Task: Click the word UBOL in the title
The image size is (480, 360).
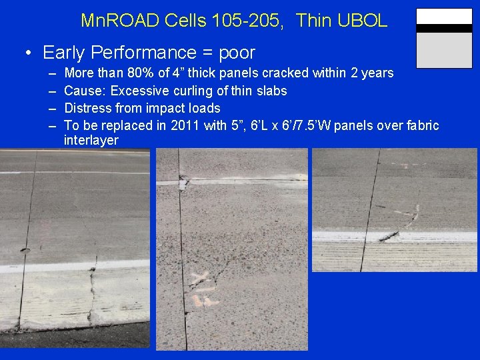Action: [x=365, y=21]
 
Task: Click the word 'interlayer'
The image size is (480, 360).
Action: [x=91, y=141]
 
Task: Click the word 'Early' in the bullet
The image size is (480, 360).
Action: [x=64, y=52]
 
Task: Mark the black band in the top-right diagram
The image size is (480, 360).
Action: [x=444, y=29]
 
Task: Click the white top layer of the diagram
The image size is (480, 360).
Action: [x=444, y=17]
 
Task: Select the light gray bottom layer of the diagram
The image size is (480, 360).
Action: [x=444, y=50]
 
